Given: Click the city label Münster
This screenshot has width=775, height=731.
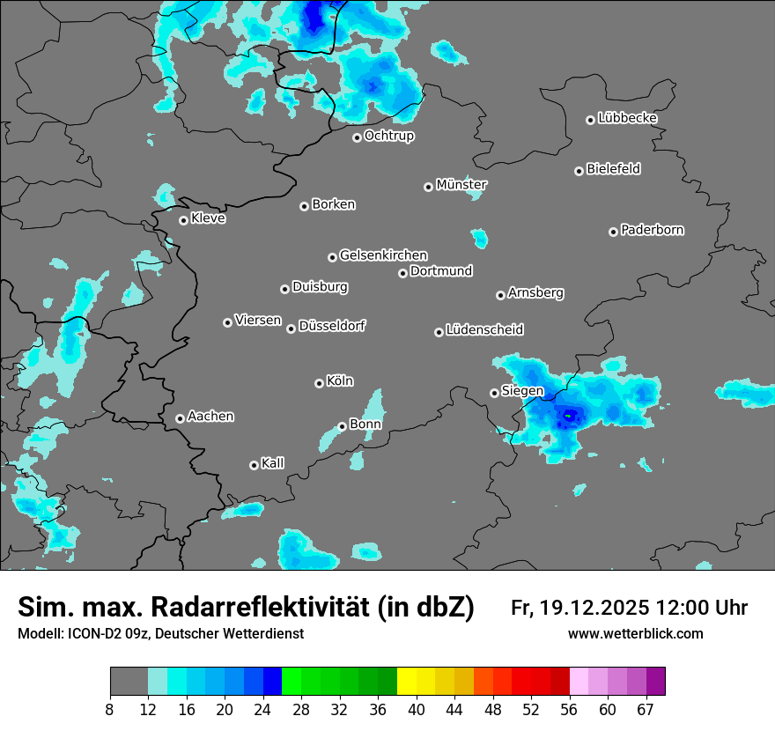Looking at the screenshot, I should pyautogui.click(x=461, y=185).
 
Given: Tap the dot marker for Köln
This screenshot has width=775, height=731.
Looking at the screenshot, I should pyautogui.click(x=319, y=383).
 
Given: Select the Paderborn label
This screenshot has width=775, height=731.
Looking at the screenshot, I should pyautogui.click(x=652, y=230).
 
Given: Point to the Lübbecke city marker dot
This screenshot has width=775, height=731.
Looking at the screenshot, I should pyautogui.click(x=590, y=120).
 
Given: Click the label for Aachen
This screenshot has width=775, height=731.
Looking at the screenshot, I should pyautogui.click(x=210, y=417).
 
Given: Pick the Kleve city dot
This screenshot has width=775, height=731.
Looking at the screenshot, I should pyautogui.click(x=183, y=220).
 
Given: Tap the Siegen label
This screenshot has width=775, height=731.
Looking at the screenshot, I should pyautogui.click(x=522, y=391).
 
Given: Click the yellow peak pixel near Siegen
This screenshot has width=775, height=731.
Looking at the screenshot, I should pyautogui.click(x=568, y=415).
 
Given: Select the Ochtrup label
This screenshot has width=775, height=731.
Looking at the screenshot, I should pyautogui.click(x=388, y=136).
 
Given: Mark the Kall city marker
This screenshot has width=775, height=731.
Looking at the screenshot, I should pyautogui.click(x=254, y=465).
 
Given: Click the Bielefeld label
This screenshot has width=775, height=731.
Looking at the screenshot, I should pyautogui.click(x=613, y=169).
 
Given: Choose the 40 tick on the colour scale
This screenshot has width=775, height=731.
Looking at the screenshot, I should pyautogui.click(x=417, y=710).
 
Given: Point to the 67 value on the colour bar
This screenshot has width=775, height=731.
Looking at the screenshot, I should pyautogui.click(x=646, y=710).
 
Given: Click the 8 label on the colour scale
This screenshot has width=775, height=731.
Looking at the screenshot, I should pyautogui.click(x=110, y=710).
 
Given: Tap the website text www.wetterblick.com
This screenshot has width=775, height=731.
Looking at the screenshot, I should pyautogui.click(x=635, y=634).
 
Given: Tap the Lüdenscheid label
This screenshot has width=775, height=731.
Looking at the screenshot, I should pyautogui.click(x=484, y=330).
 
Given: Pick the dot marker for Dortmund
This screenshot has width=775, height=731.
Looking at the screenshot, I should pyautogui.click(x=402, y=273).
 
